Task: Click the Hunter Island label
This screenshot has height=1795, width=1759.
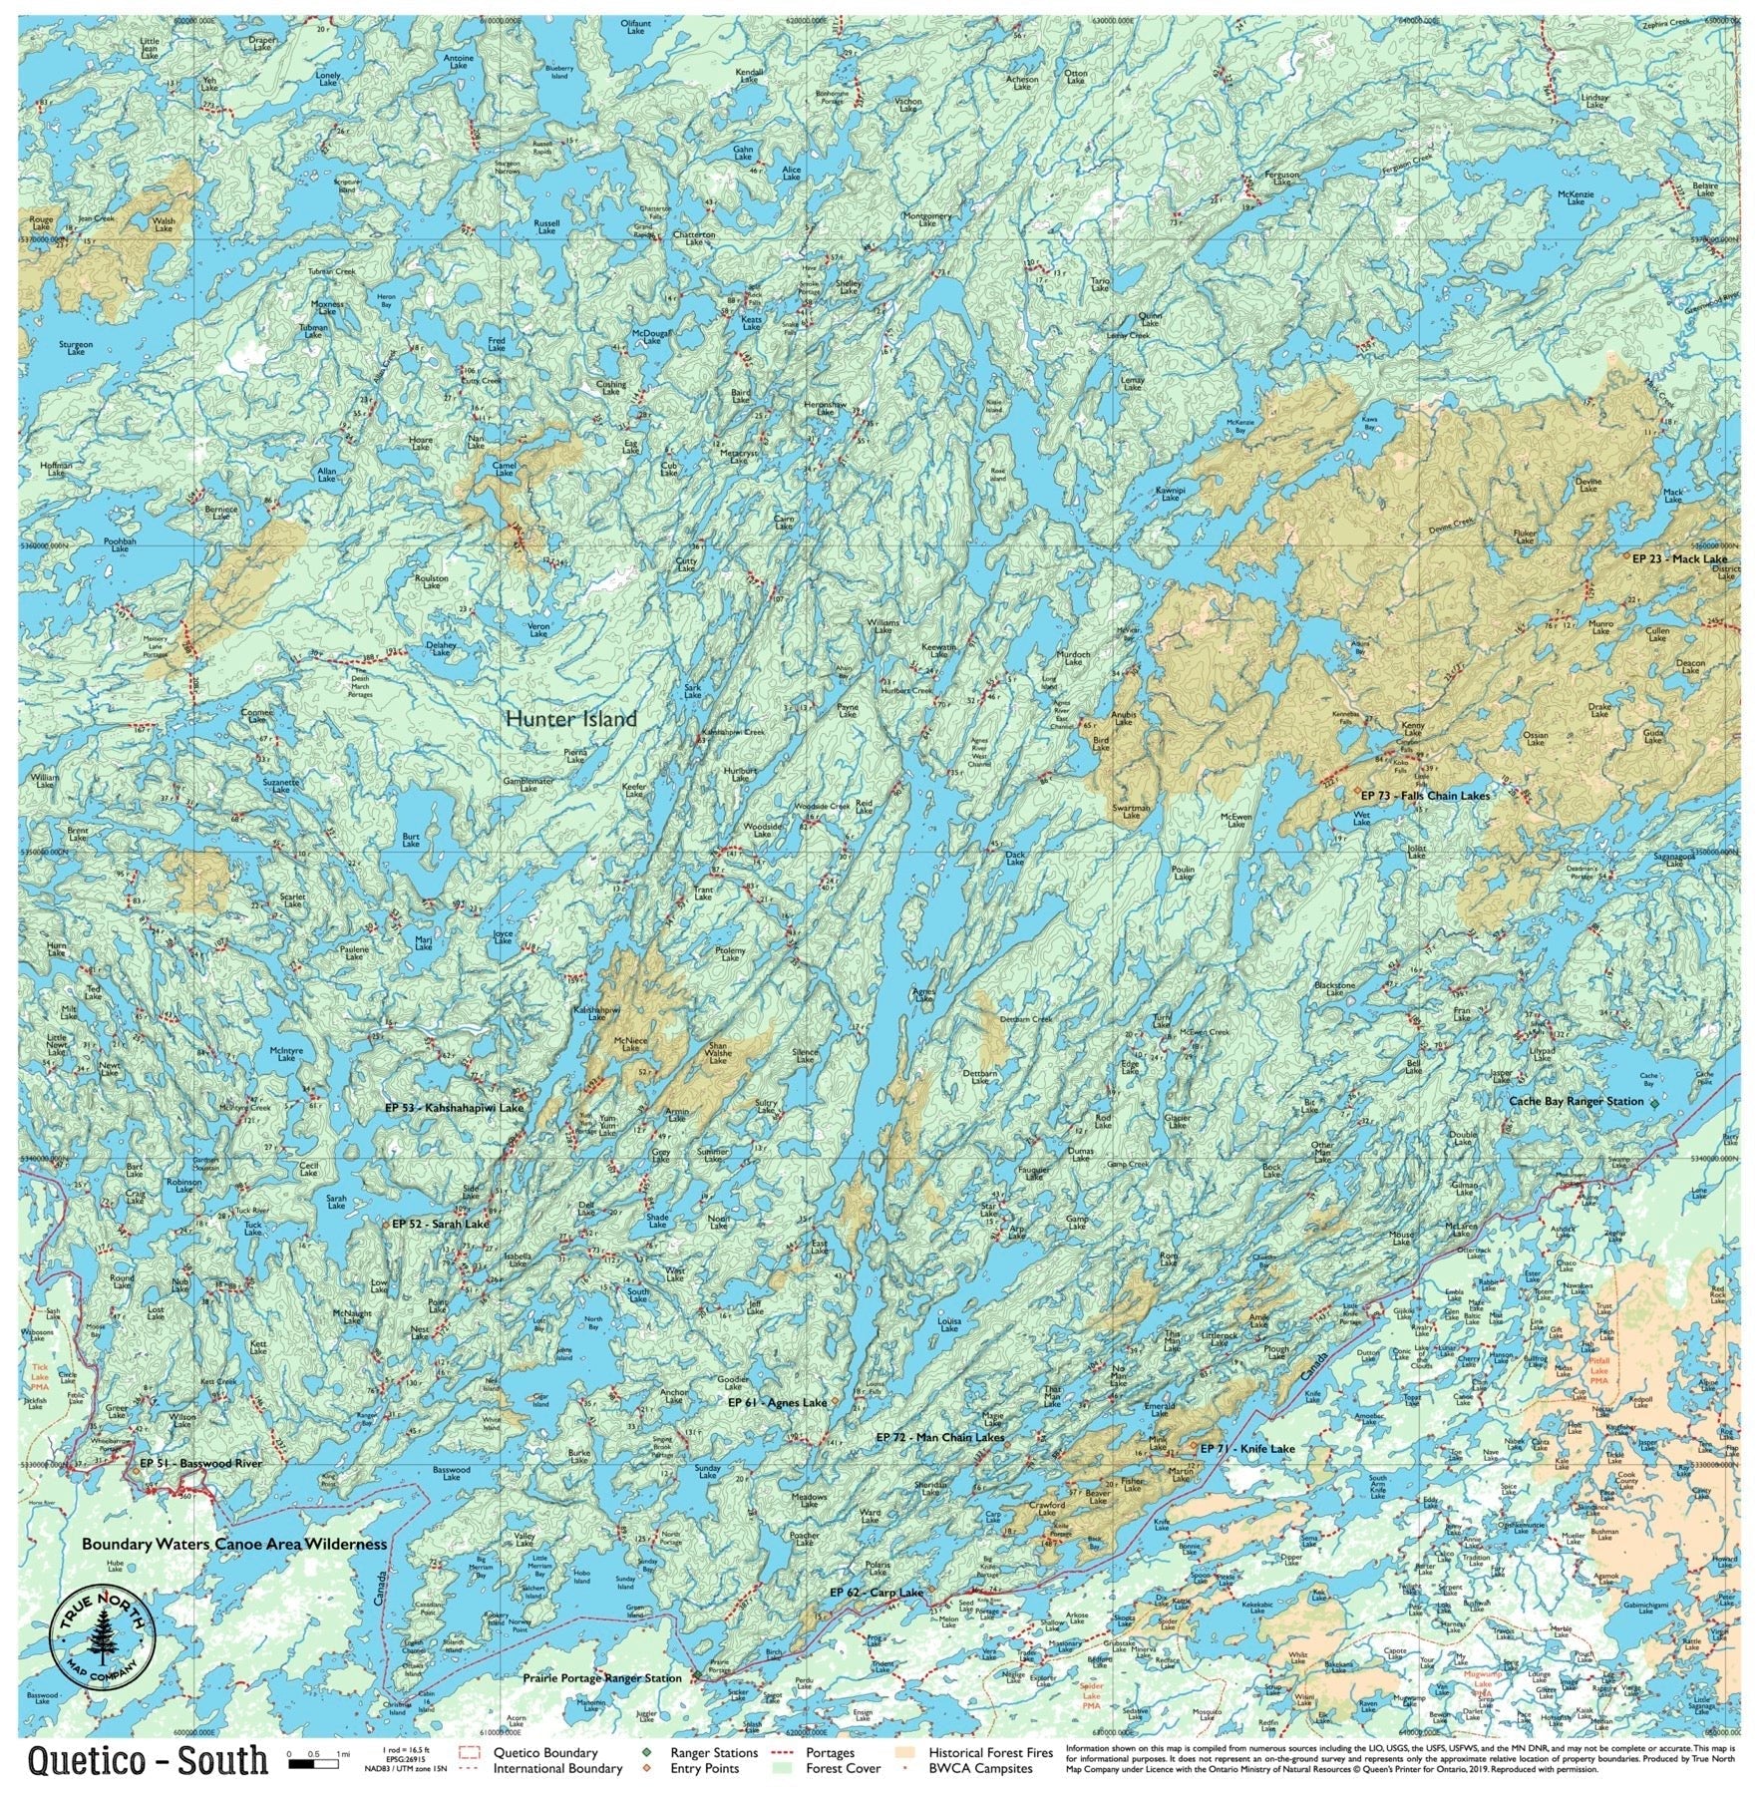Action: (x=570, y=718)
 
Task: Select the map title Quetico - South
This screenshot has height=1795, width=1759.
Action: (x=148, y=1759)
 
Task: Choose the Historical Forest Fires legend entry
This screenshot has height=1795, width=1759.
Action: (x=990, y=1752)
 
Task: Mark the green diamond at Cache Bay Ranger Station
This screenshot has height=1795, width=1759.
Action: (x=1654, y=1103)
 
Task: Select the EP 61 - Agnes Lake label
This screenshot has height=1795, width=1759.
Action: (x=778, y=1402)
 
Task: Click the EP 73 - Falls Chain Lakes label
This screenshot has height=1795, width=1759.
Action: (x=1425, y=796)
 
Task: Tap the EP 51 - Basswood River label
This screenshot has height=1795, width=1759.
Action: (x=200, y=1462)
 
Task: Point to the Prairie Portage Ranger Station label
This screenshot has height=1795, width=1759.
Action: (x=602, y=1678)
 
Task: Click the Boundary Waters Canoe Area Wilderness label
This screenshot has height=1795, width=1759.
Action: (x=233, y=1543)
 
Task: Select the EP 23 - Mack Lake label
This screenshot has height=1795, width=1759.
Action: (x=1679, y=558)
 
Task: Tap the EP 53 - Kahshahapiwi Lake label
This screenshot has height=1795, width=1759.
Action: (x=454, y=1108)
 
